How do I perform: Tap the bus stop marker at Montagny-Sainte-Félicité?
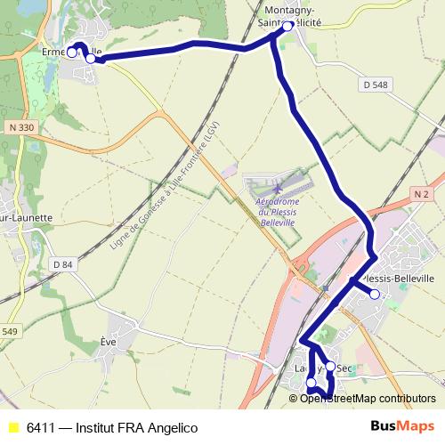point(287,27)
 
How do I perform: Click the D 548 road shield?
point(376,85)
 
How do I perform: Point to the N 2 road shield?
point(421,193)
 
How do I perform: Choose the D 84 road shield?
point(62,264)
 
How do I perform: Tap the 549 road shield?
point(8,332)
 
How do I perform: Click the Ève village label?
point(109,341)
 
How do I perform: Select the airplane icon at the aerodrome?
point(278,189)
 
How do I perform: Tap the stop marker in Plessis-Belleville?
point(375,295)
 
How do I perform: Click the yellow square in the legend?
point(12,428)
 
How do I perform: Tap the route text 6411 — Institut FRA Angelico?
point(111,428)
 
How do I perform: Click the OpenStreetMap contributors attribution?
point(368,399)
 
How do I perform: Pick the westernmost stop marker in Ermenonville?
point(72,52)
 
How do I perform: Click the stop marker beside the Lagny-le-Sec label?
point(330,367)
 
